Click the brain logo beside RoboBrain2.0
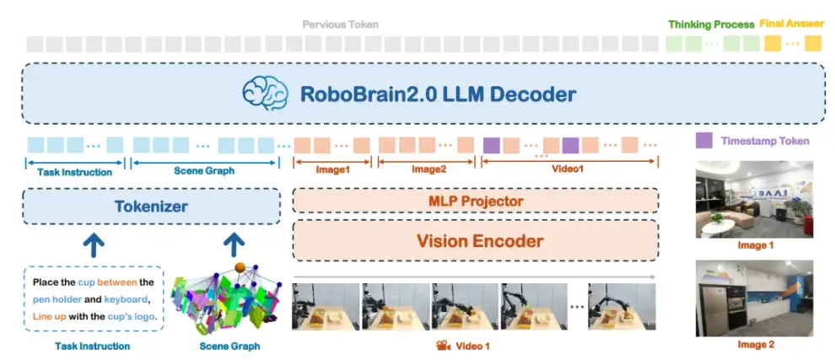pos(265,94)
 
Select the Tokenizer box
pos(151,206)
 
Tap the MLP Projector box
pos(476,201)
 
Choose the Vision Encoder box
pos(476,241)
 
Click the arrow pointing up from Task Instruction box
pos(94,245)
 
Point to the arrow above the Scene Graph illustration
pos(233,245)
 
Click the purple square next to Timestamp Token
pos(704,141)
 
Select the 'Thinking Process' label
pos(711,24)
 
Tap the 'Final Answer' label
pos(790,24)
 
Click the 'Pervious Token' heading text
pos(340,24)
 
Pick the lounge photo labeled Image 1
pos(754,199)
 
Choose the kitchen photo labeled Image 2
pos(754,298)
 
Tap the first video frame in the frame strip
pos(326,307)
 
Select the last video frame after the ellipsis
pos(622,307)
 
